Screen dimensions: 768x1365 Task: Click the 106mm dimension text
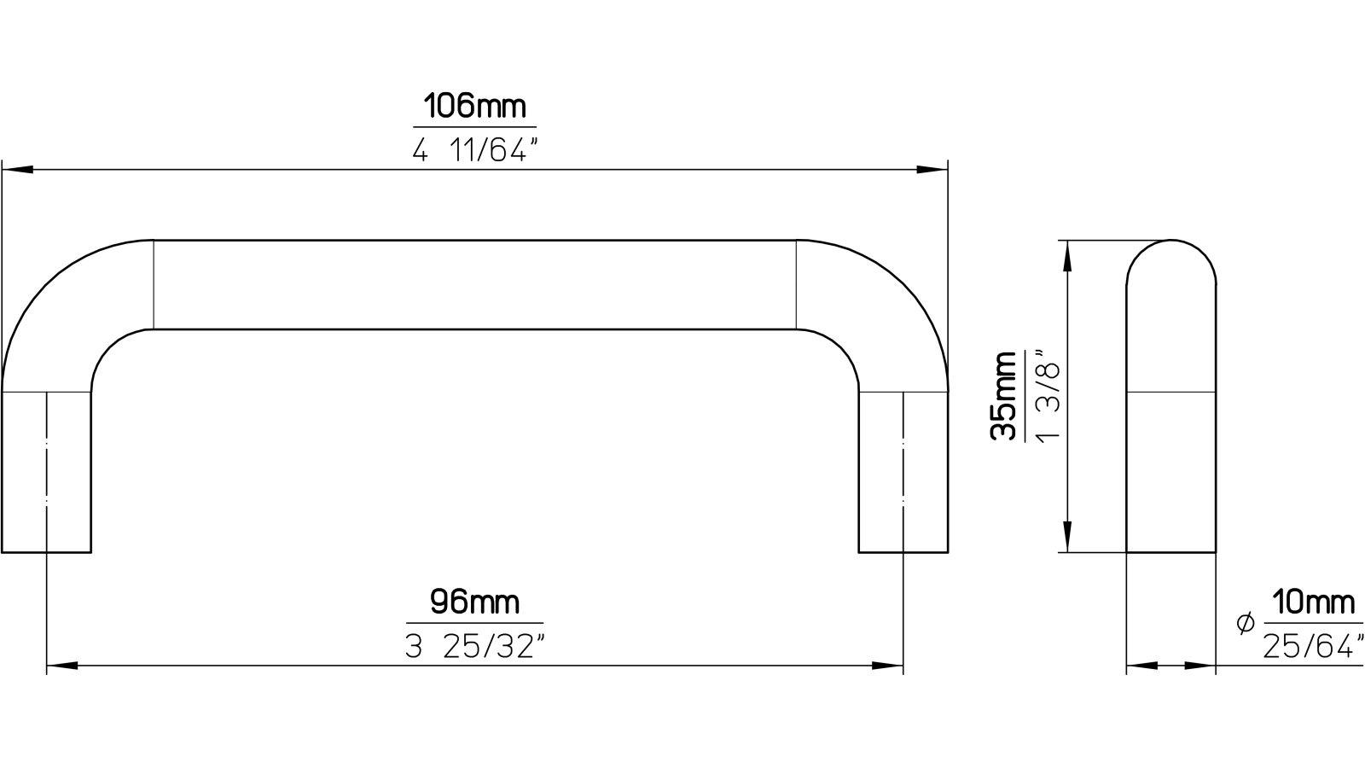(474, 108)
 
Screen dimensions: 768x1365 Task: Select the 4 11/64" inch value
(475, 151)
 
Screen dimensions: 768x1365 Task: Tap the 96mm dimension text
(474, 602)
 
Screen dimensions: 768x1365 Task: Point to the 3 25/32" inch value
(474, 647)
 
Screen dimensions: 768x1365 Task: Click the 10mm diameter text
(1312, 602)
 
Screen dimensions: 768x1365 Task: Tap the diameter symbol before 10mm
(1245, 624)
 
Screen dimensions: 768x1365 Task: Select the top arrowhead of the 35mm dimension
(1066, 254)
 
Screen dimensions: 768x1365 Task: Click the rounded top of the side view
(1171, 261)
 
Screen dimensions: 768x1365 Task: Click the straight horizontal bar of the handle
(474, 284)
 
